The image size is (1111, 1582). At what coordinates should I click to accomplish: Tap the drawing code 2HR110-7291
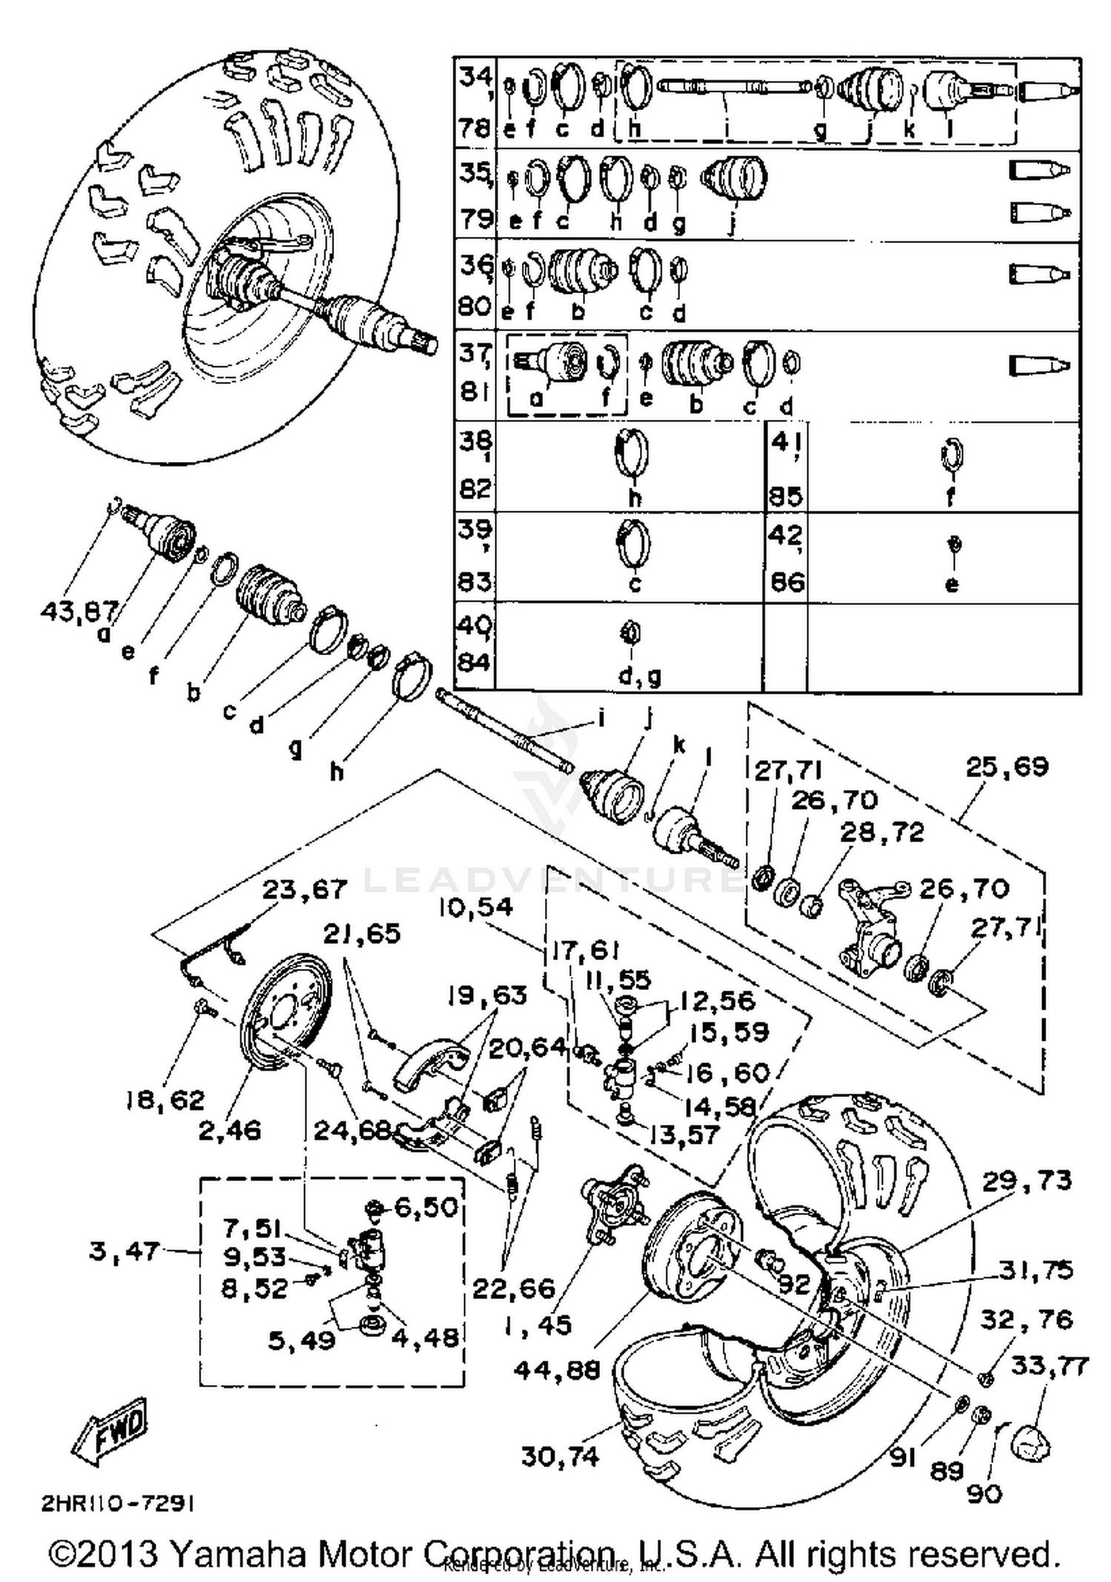pos(119,1504)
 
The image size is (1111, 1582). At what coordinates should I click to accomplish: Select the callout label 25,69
pos(1007,767)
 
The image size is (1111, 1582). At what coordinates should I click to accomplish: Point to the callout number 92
pos(795,1283)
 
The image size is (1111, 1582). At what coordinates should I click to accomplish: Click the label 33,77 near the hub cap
pos(1050,1364)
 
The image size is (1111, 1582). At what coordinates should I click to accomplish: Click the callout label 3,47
pos(124,1251)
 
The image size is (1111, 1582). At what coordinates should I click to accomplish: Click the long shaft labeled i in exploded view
pos(504,729)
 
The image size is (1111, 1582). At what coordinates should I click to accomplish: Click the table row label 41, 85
pos(786,468)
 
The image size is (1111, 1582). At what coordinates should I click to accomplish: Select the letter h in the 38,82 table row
pos(634,497)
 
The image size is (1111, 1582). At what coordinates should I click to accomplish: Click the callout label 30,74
pos(560,1456)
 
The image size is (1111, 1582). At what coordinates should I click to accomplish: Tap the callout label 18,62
pos(164,1101)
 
